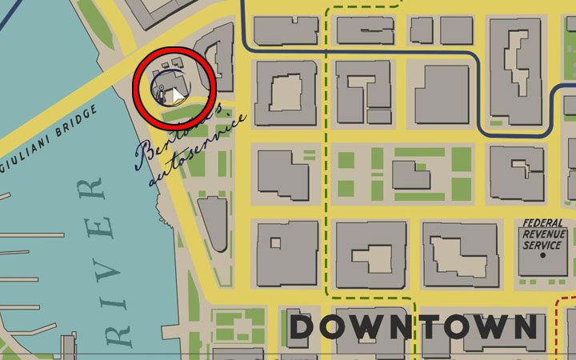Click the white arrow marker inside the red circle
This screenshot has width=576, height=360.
(178, 96)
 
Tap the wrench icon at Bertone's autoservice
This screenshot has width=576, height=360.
(162, 90)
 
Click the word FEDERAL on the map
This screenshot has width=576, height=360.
(542, 225)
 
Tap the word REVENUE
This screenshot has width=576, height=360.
(542, 235)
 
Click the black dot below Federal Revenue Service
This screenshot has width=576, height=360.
(543, 256)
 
